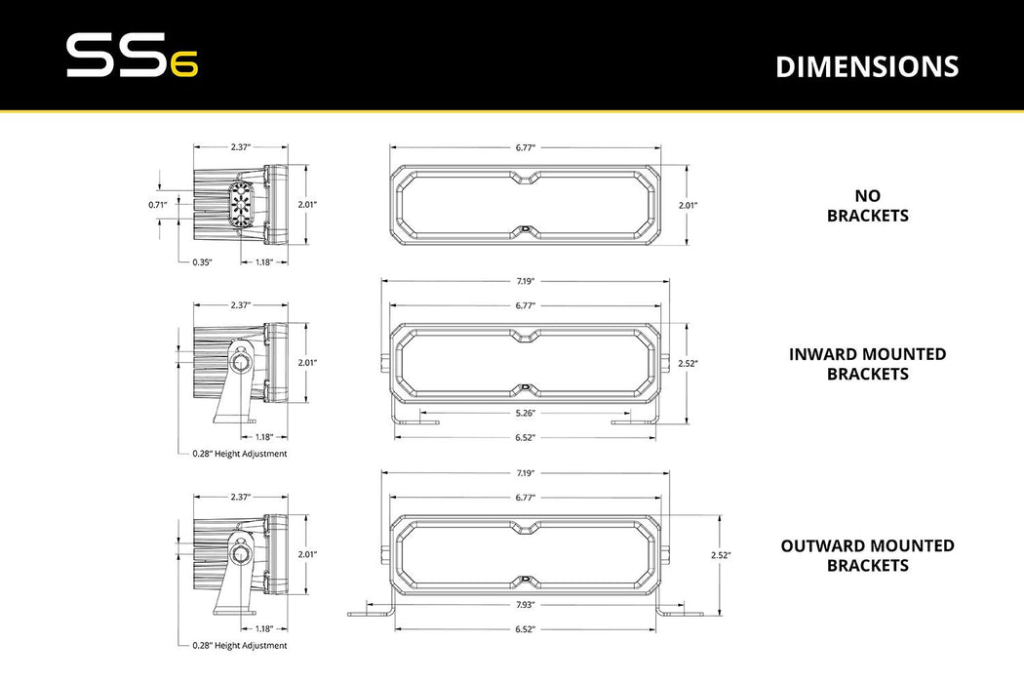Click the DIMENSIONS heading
coord(867,66)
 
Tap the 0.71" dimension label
coord(158,204)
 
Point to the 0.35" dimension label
coord(202,261)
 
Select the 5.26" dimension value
coord(525,413)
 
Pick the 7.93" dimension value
coord(525,605)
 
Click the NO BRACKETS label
coord(867,206)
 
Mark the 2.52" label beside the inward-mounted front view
coord(689,363)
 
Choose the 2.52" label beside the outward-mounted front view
coord(721,554)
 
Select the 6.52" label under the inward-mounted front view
coord(525,437)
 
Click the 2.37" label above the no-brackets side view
coord(241,147)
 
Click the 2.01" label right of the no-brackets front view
coord(689,205)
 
